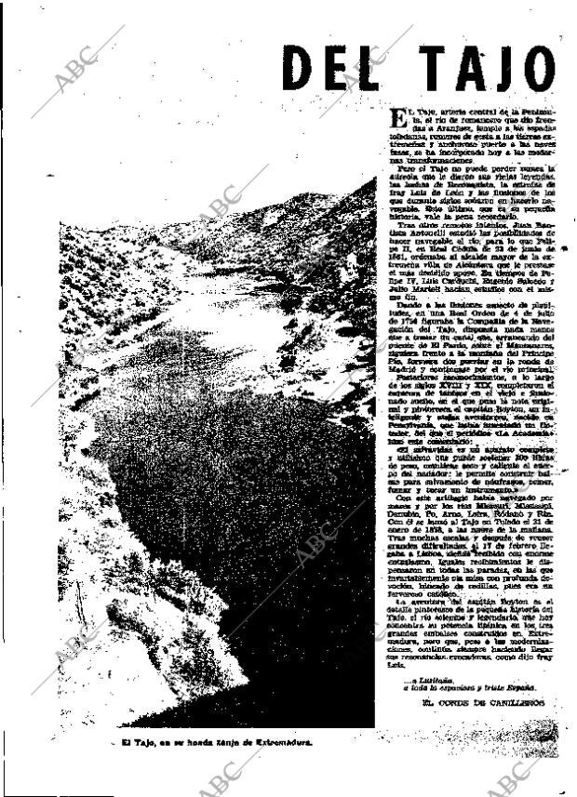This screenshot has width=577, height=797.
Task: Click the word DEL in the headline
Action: tap(329, 69)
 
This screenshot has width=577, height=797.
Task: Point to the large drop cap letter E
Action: tap(397, 117)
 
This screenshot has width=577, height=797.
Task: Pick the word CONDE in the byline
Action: tap(456, 701)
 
